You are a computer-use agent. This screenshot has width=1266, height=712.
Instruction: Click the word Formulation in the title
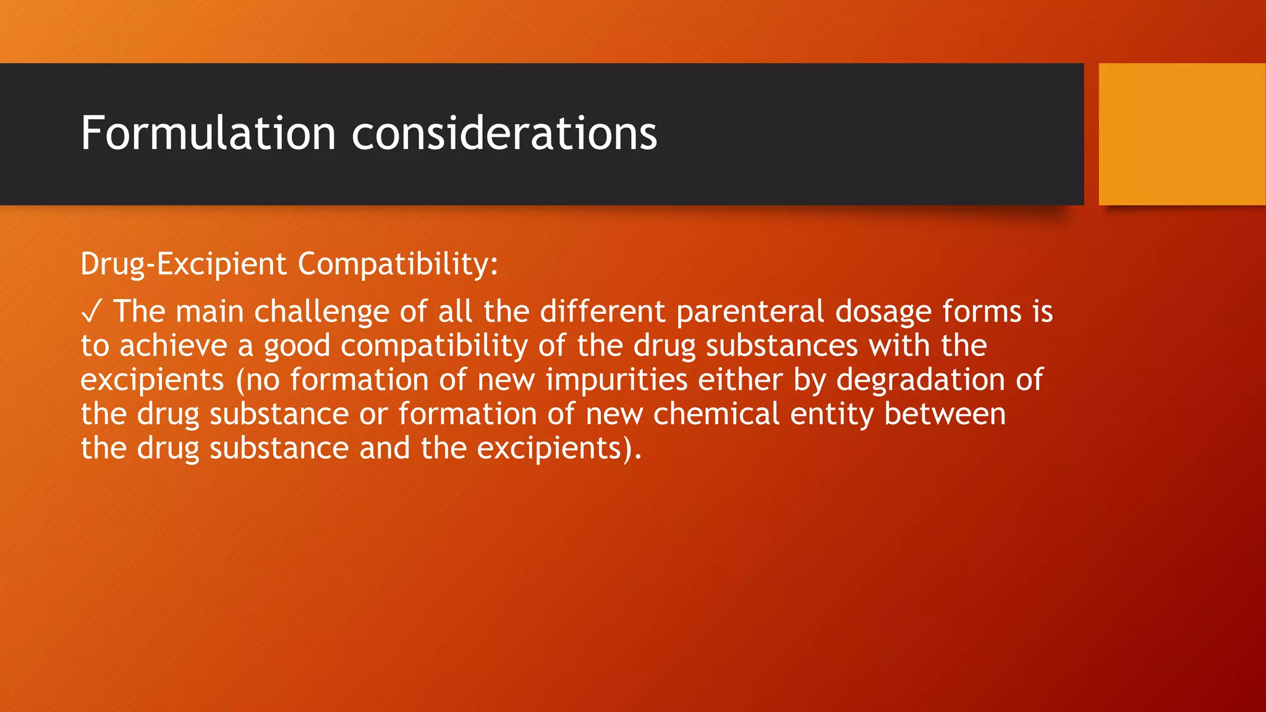(208, 133)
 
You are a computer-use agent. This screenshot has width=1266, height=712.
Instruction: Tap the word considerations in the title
(504, 133)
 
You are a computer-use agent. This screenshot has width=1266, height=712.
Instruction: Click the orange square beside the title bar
(1181, 134)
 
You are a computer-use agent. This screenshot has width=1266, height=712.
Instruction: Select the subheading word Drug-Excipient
(184, 265)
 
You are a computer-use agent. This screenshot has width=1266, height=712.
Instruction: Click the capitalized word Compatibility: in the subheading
(397, 265)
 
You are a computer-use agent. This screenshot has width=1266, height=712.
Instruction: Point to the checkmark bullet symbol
(90, 313)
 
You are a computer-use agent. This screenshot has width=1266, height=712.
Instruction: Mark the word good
(297, 347)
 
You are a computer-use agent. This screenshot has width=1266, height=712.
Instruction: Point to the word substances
(781, 345)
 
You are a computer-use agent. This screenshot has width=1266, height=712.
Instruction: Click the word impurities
(616, 380)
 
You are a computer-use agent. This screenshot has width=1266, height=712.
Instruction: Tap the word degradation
(920, 380)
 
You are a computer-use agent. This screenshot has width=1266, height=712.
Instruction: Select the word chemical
(716, 413)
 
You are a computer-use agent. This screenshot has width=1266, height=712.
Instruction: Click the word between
(945, 413)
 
